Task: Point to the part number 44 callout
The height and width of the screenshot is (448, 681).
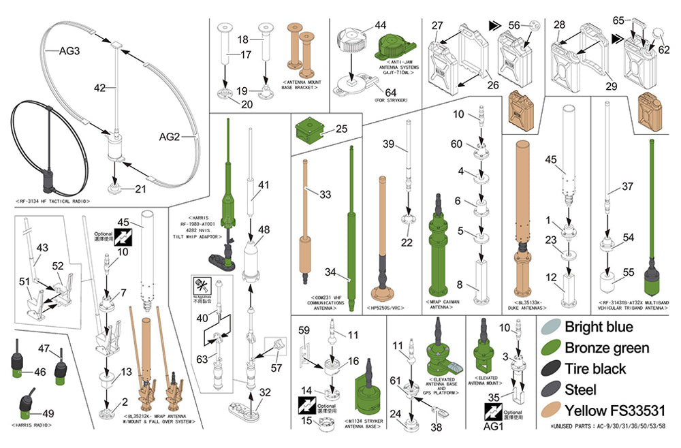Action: pos(380,25)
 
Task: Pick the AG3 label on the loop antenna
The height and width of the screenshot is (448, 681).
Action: pos(69,51)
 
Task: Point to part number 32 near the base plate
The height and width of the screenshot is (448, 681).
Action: pos(264,392)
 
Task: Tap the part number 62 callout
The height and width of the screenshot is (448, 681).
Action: pos(663,50)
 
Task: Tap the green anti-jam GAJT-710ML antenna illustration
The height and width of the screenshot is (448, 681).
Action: pos(394,47)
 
